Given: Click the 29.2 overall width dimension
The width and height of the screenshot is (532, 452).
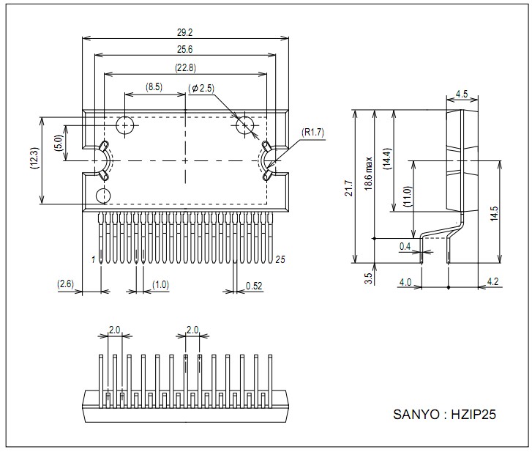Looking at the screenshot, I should [185, 33].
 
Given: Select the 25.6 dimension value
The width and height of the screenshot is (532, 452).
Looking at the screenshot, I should [185, 50].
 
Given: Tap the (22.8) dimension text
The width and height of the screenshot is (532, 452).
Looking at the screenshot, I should [185, 68].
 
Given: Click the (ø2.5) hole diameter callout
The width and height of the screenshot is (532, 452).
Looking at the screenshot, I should [201, 89].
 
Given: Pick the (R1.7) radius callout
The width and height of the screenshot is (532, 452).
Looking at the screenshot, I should [312, 133].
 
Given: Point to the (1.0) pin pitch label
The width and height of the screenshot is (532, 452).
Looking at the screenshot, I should [160, 284].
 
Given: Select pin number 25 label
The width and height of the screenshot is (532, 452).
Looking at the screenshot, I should [280, 259].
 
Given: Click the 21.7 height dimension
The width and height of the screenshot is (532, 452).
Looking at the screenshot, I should [349, 188].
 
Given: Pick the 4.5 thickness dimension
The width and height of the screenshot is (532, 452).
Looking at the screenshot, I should [462, 94].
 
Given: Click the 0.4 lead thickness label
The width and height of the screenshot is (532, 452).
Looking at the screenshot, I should [405, 247].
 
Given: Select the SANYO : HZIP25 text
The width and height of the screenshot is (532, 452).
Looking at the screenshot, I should [445, 415].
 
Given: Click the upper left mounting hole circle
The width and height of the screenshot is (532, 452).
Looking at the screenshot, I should [125, 125].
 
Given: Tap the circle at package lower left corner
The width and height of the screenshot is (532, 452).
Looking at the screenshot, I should [104, 196].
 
